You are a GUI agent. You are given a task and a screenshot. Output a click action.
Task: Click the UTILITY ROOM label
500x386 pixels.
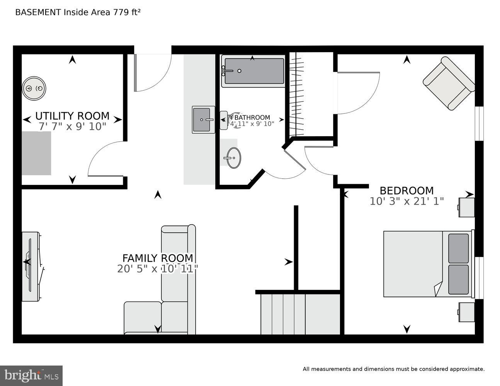[72, 116]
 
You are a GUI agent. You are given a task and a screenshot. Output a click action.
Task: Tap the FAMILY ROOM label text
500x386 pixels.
[158, 258]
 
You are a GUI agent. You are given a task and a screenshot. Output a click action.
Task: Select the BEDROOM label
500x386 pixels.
[406, 191]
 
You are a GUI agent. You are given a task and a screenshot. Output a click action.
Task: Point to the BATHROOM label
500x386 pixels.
[252, 118]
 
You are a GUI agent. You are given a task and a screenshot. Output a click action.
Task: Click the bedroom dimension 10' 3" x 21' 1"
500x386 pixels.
[406, 201]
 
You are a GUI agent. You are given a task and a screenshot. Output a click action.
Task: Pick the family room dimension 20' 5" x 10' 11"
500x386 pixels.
[158, 269]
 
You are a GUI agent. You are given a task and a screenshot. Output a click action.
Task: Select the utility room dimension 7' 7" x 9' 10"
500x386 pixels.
[72, 127]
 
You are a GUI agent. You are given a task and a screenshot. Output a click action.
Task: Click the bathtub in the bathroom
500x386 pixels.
[253, 71]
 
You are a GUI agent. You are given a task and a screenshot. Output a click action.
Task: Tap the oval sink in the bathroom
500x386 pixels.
[233, 158]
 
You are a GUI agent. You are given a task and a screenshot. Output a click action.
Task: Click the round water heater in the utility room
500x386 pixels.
[34, 88]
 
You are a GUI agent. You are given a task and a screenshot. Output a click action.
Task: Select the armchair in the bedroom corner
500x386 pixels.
[449, 83]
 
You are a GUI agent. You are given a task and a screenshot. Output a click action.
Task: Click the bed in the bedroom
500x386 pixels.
[427, 264]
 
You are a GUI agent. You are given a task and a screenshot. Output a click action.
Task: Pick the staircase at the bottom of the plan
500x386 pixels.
[300, 313]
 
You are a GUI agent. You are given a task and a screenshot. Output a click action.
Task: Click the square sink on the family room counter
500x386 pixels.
[203, 120]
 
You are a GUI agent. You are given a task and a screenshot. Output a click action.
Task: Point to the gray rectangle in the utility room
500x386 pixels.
[36, 153]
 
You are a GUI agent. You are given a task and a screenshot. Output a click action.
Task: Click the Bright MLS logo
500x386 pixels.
[31, 375]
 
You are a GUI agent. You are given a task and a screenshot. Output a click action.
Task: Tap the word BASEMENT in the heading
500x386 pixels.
[38, 12]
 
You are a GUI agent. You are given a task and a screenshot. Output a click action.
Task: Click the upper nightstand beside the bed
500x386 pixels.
[466, 207]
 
